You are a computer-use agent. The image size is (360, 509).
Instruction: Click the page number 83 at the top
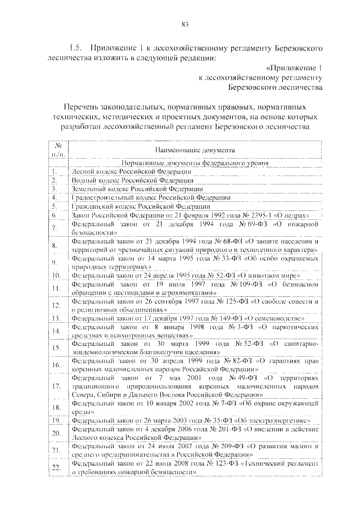(x=184, y=24)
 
